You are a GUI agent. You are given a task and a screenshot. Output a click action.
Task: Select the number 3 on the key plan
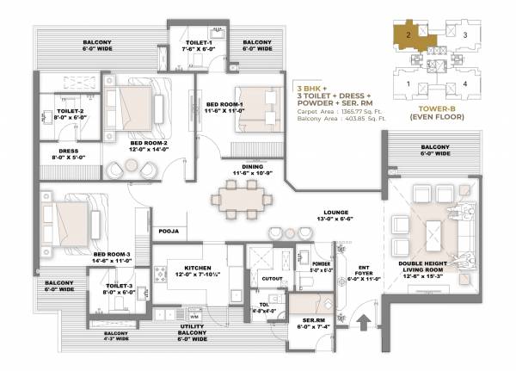[466, 35]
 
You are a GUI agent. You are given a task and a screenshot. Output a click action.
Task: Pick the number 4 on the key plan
[466, 83]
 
